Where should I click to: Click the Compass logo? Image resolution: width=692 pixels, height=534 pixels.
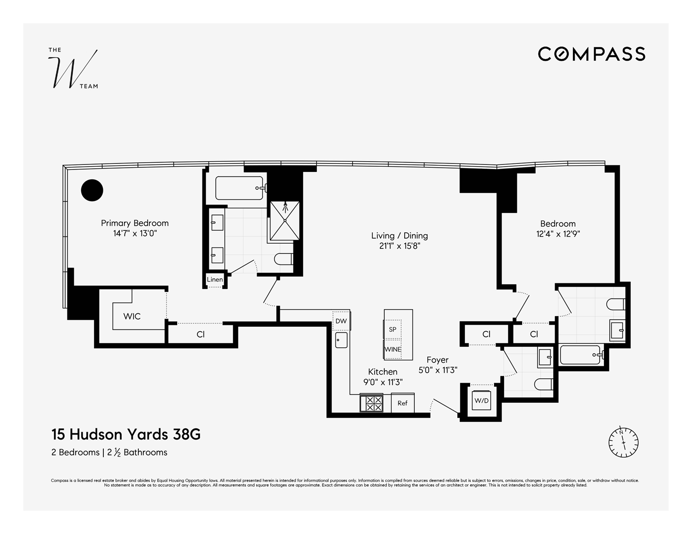point(591,54)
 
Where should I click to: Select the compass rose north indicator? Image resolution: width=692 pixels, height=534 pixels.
point(623,443)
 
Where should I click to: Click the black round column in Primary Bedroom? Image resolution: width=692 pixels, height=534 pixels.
point(92,190)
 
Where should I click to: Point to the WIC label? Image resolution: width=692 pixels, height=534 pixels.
point(132,317)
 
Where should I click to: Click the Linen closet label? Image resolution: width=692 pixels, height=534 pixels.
point(215,280)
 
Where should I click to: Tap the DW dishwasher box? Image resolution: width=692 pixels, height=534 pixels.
point(341,321)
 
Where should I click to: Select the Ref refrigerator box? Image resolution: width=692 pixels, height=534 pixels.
point(402,403)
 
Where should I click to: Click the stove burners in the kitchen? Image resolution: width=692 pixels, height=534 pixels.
point(371,404)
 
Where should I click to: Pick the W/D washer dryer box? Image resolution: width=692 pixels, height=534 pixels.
point(482,401)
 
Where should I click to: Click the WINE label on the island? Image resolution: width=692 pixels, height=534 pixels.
point(393,349)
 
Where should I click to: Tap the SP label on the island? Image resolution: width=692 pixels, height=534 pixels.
point(393,329)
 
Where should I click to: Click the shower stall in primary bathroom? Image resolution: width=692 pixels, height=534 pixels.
point(285,221)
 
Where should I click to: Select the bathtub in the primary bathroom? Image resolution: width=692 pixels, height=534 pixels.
point(240,188)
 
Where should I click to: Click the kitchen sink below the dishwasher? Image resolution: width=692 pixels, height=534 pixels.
point(341,340)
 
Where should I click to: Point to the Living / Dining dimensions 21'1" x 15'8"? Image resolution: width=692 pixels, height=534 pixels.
point(400,246)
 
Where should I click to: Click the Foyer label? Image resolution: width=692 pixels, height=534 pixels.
point(437,360)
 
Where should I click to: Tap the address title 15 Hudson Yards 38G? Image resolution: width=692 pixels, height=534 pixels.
point(126,434)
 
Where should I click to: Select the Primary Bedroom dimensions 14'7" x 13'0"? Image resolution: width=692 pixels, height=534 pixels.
point(135,234)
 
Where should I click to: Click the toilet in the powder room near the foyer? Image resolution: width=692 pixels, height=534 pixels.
point(543,384)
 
